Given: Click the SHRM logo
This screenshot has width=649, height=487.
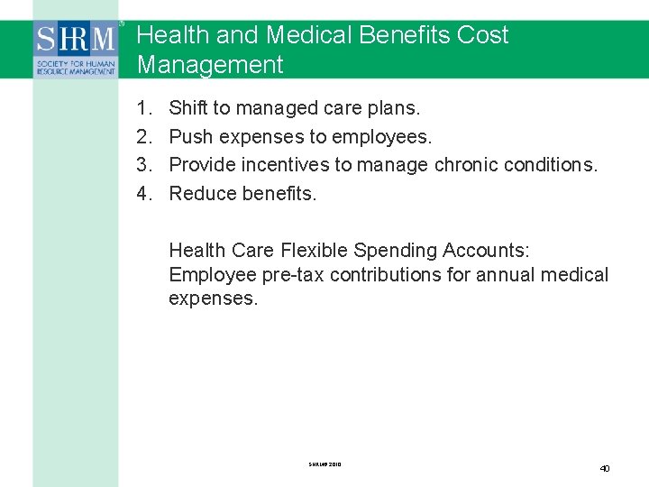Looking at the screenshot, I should [76, 47].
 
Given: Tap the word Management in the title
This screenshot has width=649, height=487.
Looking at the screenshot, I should [210, 65].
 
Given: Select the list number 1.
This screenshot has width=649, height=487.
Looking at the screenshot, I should [144, 108].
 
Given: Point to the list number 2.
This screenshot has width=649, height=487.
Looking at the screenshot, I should [144, 136].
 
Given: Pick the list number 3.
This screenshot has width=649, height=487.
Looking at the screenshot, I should [144, 164].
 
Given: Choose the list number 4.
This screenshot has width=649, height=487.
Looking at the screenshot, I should [144, 192].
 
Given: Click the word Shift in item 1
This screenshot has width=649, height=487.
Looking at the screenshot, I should [188, 108].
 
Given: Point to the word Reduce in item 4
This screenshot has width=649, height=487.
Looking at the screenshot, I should [203, 192].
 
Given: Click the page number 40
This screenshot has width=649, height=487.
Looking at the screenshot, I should [605, 468].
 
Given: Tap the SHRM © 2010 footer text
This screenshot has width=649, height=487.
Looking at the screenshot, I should [324, 464].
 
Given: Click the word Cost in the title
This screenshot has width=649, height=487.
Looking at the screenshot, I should [483, 35].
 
